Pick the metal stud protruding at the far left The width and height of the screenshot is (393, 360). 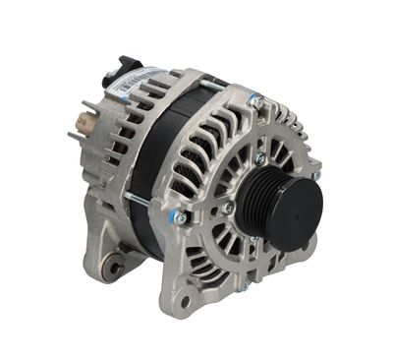(72, 136)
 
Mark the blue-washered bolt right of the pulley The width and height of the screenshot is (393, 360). (316, 175)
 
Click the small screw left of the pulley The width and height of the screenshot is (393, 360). (227, 208)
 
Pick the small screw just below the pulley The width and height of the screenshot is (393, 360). (253, 239)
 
